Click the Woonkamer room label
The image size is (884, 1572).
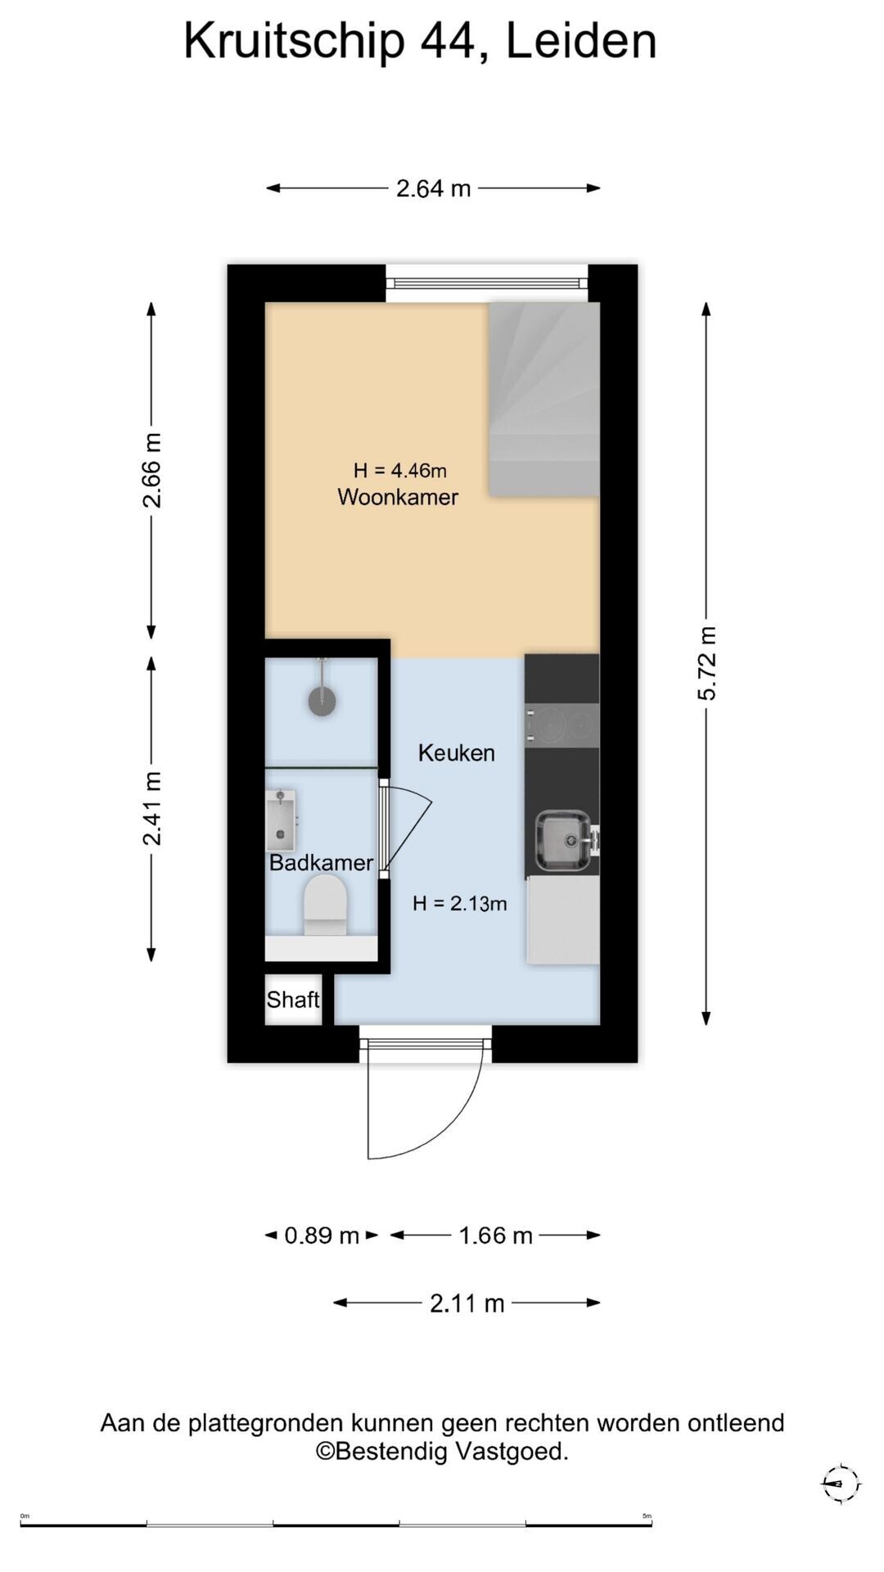point(398,497)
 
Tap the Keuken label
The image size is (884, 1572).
point(456,752)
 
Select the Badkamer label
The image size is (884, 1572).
point(321,862)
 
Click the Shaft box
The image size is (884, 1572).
point(293,999)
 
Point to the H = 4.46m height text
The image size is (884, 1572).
point(400,470)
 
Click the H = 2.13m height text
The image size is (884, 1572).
point(459,903)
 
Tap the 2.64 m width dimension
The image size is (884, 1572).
point(433,188)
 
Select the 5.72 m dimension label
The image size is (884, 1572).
point(706,663)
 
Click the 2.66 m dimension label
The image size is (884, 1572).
point(151,471)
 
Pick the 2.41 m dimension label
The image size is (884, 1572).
point(151,808)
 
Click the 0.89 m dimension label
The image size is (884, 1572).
point(322,1235)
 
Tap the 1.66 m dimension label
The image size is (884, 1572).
point(495,1235)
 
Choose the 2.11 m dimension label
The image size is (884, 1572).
point(467,1303)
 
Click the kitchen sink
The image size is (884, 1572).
point(563,841)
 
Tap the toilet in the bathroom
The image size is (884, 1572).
point(325,905)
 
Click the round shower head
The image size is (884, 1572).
point(322,702)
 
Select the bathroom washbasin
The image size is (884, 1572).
point(281,820)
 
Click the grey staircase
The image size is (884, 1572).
point(544,399)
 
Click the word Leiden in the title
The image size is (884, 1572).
point(581,41)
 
